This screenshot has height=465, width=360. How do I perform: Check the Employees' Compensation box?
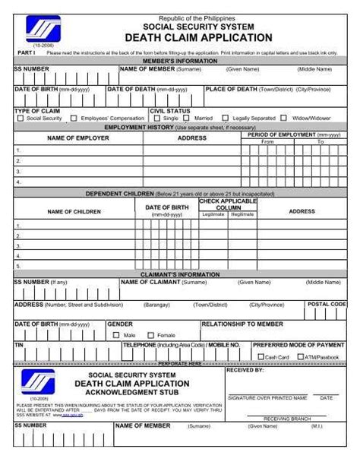pyautogui.click(x=74, y=119)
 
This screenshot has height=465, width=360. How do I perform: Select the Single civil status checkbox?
pyautogui.click(x=157, y=119)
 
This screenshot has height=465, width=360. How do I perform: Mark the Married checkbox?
pyautogui.click(x=188, y=119)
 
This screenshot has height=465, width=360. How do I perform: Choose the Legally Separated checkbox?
pyautogui.click(x=226, y=119)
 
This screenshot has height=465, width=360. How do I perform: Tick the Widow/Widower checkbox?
pyautogui.click(x=284, y=119)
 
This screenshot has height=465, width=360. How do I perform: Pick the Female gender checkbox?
pyautogui.click(x=150, y=335)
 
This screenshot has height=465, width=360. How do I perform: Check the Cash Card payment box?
pyautogui.click(x=261, y=356)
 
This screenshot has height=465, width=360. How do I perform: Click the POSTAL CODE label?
pyautogui.click(x=327, y=303)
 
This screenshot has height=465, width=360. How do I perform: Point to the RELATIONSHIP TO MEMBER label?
pyautogui.click(x=242, y=324)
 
